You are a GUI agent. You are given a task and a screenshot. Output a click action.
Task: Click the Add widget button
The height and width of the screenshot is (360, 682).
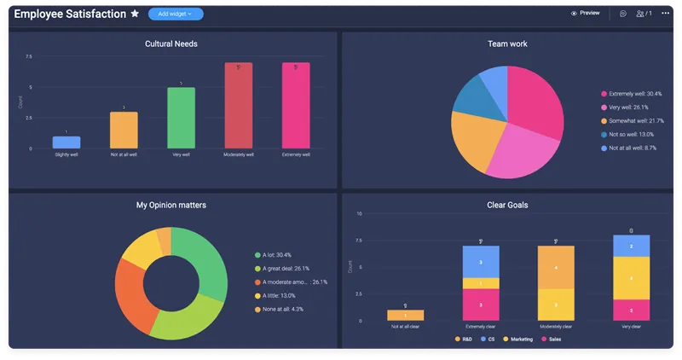(x=176, y=14)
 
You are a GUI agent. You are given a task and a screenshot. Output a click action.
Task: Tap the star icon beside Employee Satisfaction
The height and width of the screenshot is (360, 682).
(x=135, y=14)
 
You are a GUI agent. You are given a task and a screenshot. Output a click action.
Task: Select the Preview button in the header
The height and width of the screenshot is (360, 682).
(x=585, y=14)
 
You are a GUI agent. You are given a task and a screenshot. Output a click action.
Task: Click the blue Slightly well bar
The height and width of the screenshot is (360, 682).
(x=66, y=142)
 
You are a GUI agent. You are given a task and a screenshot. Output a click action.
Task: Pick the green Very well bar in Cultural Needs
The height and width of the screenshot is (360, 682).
(x=181, y=118)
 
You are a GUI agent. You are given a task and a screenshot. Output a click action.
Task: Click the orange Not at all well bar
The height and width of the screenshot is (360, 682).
(x=124, y=130)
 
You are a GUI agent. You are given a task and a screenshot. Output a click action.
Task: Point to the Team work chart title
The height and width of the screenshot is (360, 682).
(x=507, y=44)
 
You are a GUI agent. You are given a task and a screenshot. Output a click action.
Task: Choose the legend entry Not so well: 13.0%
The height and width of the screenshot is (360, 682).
(x=631, y=134)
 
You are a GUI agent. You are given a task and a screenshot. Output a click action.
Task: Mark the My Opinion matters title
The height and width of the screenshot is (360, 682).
(x=171, y=205)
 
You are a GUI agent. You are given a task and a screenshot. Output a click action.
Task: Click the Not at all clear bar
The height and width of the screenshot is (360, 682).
(x=406, y=315)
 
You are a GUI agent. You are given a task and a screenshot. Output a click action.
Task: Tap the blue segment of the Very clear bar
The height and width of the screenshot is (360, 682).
(x=632, y=246)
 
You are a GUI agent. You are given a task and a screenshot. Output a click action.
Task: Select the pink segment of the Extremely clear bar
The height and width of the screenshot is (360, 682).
(x=481, y=305)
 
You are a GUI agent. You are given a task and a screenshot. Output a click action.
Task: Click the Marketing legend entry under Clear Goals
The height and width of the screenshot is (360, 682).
(x=521, y=339)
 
